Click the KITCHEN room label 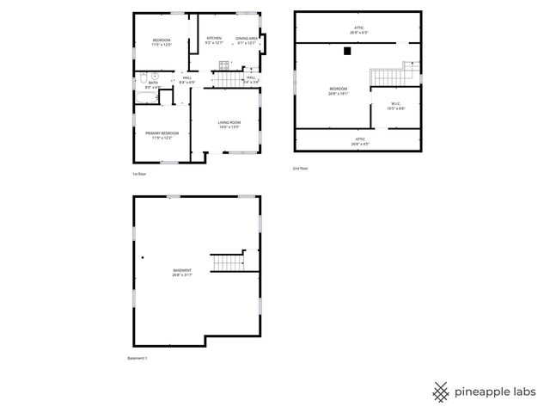(x=214, y=40)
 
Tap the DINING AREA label (x=247, y=40)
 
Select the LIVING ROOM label (x=229, y=125)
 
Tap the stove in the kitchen (x=223, y=65)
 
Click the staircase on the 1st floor (x=228, y=80)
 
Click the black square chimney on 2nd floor (x=346, y=51)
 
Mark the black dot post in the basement (x=143, y=256)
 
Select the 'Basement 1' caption (x=137, y=358)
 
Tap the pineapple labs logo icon (x=441, y=391)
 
